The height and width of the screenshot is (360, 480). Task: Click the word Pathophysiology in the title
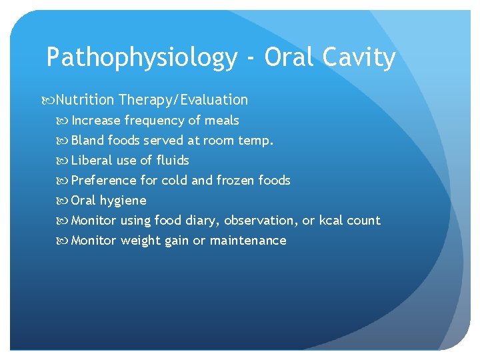(x=141, y=58)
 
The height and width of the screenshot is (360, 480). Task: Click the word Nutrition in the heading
(x=85, y=100)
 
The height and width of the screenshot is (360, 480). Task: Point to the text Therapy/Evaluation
(x=183, y=100)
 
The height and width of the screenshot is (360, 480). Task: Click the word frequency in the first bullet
(x=154, y=121)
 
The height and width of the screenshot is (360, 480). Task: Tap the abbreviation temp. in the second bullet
(x=256, y=141)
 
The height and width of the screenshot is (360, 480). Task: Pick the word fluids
(x=173, y=161)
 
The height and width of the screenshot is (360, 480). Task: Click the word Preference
(x=103, y=181)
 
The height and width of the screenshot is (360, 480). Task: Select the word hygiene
(x=123, y=201)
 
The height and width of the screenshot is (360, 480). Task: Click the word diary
(x=201, y=221)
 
